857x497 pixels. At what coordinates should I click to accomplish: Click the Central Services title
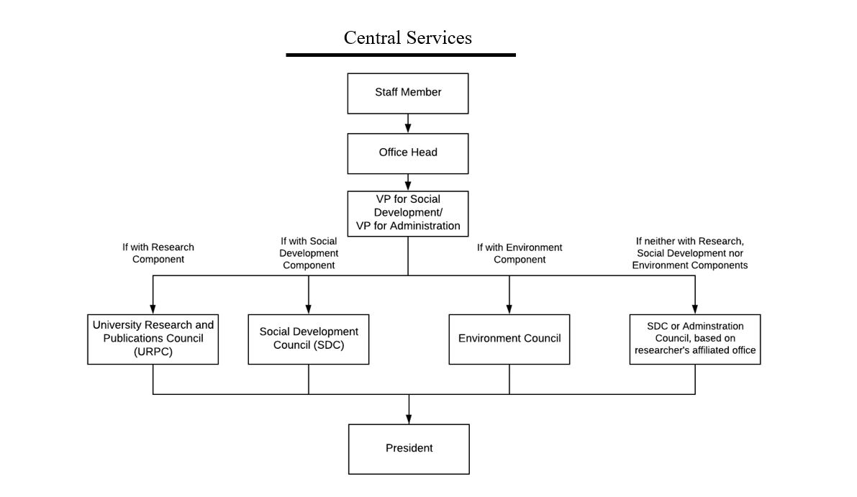408,37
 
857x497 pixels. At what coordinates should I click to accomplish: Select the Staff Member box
408,94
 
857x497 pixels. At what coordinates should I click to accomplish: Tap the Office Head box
408,153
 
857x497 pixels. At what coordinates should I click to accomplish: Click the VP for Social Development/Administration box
408,214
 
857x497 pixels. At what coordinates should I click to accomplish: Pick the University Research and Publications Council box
153,339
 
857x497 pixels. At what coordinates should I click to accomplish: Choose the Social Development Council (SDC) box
308,339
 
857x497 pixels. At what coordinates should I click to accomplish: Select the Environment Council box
509,339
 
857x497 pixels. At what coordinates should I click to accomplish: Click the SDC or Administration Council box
695,339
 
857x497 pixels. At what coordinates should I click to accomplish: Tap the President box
409,450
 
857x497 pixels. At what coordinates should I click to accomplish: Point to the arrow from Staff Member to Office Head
408,124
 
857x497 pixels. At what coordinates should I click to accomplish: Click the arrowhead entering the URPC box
153,309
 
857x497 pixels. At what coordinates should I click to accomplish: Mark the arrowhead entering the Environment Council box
509,309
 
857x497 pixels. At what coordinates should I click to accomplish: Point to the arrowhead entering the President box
409,419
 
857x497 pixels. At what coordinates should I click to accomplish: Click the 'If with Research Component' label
158,253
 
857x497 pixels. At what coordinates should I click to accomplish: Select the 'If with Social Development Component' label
309,253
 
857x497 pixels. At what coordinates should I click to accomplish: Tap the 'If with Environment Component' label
520,253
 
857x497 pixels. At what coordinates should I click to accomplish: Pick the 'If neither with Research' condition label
690,253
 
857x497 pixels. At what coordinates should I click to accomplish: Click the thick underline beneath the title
401,55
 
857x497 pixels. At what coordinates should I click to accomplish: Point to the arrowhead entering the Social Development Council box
308,309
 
